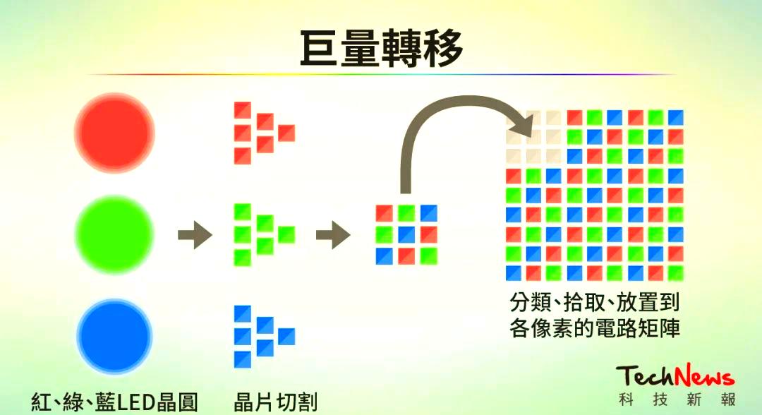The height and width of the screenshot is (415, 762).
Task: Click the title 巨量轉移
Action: click(381, 48)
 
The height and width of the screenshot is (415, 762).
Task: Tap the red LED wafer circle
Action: click(114, 132)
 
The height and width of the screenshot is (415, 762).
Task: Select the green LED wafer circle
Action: click(114, 234)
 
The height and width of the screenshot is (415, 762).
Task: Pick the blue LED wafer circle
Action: click(114, 335)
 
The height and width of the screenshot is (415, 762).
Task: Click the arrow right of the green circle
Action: click(194, 234)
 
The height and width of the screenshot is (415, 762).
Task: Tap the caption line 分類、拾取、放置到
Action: click(594, 303)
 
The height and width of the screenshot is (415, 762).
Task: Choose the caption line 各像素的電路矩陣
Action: click(594, 329)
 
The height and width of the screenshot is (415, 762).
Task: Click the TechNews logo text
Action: click(675, 375)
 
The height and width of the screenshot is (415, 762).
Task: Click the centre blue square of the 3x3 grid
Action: click(406, 234)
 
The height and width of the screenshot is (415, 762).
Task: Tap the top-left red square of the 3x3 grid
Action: click(384, 212)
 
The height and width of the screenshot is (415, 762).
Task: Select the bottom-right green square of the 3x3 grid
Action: click(428, 255)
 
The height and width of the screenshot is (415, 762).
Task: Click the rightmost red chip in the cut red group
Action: click(286, 132)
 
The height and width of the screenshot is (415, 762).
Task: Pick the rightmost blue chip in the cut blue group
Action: click(286, 336)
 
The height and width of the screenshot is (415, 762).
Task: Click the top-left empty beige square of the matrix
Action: click(514, 117)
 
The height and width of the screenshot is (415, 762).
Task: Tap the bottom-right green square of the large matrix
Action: click(676, 272)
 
